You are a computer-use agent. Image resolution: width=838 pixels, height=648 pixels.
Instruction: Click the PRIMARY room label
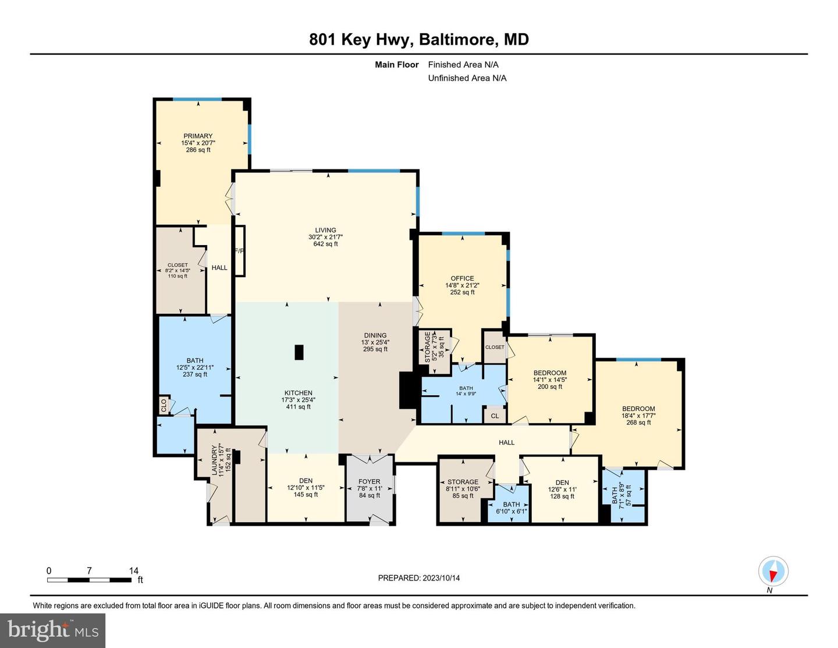click(x=198, y=136)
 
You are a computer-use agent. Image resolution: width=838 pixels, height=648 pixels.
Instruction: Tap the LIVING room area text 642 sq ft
click(x=325, y=244)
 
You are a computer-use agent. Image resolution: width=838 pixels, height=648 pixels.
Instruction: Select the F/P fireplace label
click(x=239, y=251)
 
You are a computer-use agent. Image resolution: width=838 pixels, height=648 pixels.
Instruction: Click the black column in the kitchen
click(x=299, y=352)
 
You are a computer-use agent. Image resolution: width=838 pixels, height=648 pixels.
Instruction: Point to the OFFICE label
click(x=463, y=278)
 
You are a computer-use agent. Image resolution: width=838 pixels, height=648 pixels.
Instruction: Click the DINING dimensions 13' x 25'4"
click(x=375, y=342)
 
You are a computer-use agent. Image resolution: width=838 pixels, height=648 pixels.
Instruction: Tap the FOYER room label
click(x=370, y=481)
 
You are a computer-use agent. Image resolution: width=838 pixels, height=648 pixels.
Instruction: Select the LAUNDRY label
click(x=214, y=461)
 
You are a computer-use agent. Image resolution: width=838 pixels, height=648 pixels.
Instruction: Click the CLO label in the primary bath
click(x=164, y=405)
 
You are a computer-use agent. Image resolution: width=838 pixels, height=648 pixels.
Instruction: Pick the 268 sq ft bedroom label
click(x=638, y=409)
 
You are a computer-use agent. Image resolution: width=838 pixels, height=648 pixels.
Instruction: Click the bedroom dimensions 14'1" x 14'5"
click(x=550, y=380)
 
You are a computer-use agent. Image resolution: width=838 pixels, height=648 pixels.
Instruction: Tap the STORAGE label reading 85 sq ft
click(x=463, y=481)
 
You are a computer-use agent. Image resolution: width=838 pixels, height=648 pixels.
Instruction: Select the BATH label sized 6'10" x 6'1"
click(x=512, y=505)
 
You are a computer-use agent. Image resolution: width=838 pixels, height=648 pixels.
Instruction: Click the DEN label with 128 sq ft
click(x=562, y=483)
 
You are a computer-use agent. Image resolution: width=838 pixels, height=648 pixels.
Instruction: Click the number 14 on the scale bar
click(x=133, y=571)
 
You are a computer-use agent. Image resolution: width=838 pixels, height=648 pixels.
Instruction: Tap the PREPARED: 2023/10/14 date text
click(x=419, y=578)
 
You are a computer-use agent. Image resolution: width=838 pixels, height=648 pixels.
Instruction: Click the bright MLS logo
click(x=53, y=631)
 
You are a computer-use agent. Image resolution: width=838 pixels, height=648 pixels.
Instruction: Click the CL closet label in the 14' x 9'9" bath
click(x=495, y=416)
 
